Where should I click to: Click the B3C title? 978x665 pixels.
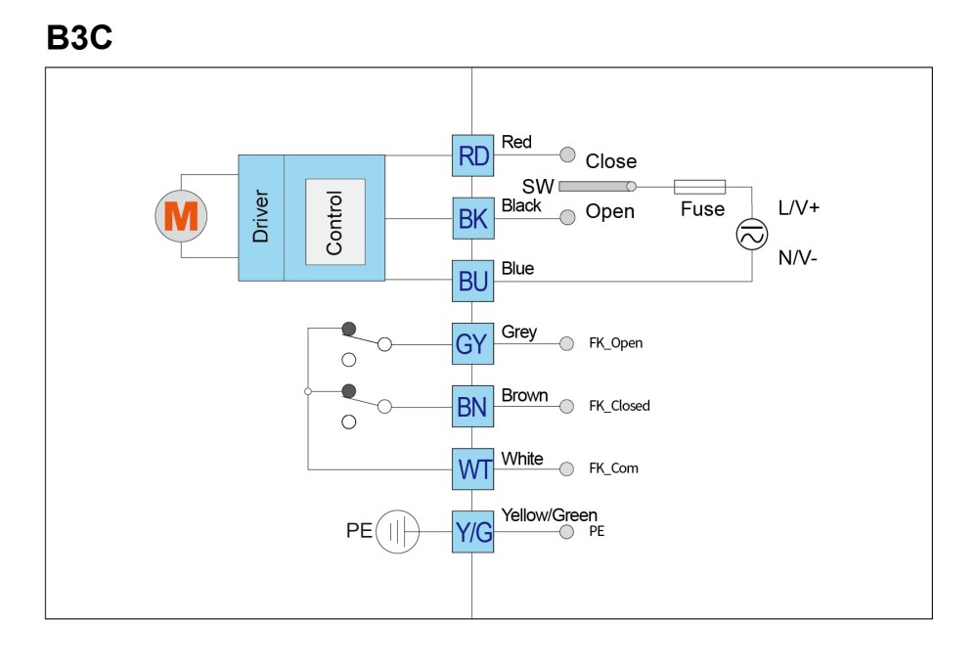tap(79, 37)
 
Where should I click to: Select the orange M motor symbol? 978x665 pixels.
tap(181, 216)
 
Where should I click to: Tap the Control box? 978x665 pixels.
tap(334, 221)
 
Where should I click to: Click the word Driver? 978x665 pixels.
tap(260, 216)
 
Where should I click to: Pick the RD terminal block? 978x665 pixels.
tap(472, 155)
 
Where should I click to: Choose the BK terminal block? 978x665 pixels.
tap(472, 218)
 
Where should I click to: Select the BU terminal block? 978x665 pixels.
tap(472, 281)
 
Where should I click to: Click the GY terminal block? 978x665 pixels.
tap(472, 343)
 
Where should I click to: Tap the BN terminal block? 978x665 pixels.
tap(472, 406)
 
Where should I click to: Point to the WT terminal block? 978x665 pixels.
tap(472, 469)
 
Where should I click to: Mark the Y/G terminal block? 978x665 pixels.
tap(472, 531)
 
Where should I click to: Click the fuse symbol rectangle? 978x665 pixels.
tap(700, 187)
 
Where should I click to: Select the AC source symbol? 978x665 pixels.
tap(751, 235)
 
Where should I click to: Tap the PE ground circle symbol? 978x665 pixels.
tap(397, 531)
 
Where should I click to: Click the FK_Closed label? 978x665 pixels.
tap(619, 406)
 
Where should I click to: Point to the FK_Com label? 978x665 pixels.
tap(614, 468)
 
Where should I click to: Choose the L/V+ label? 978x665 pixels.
tap(798, 207)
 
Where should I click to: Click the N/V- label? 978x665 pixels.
tap(798, 257)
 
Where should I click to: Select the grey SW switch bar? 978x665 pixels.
tap(597, 186)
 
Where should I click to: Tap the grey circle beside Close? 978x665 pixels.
tap(567, 155)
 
